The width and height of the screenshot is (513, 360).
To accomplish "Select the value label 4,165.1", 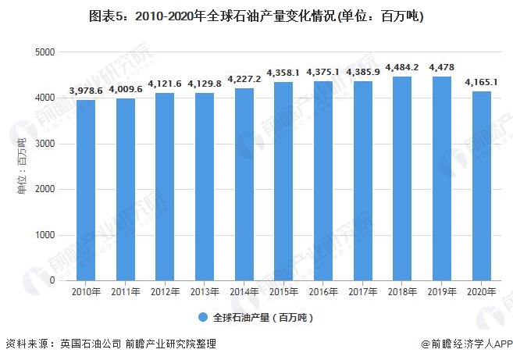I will coord(482,82).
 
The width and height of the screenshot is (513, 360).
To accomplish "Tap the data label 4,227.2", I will coord(244,79).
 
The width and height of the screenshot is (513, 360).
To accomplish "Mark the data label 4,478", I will coord(442,67).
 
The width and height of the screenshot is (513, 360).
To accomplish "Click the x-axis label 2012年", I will coord(165,291).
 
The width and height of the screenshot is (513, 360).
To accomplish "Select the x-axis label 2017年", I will coord(363,291).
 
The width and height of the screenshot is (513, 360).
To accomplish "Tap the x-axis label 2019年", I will coord(442,291).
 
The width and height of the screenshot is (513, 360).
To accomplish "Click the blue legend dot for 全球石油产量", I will coord(202,318).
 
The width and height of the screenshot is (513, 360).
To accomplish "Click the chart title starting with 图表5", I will coord(256,16).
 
